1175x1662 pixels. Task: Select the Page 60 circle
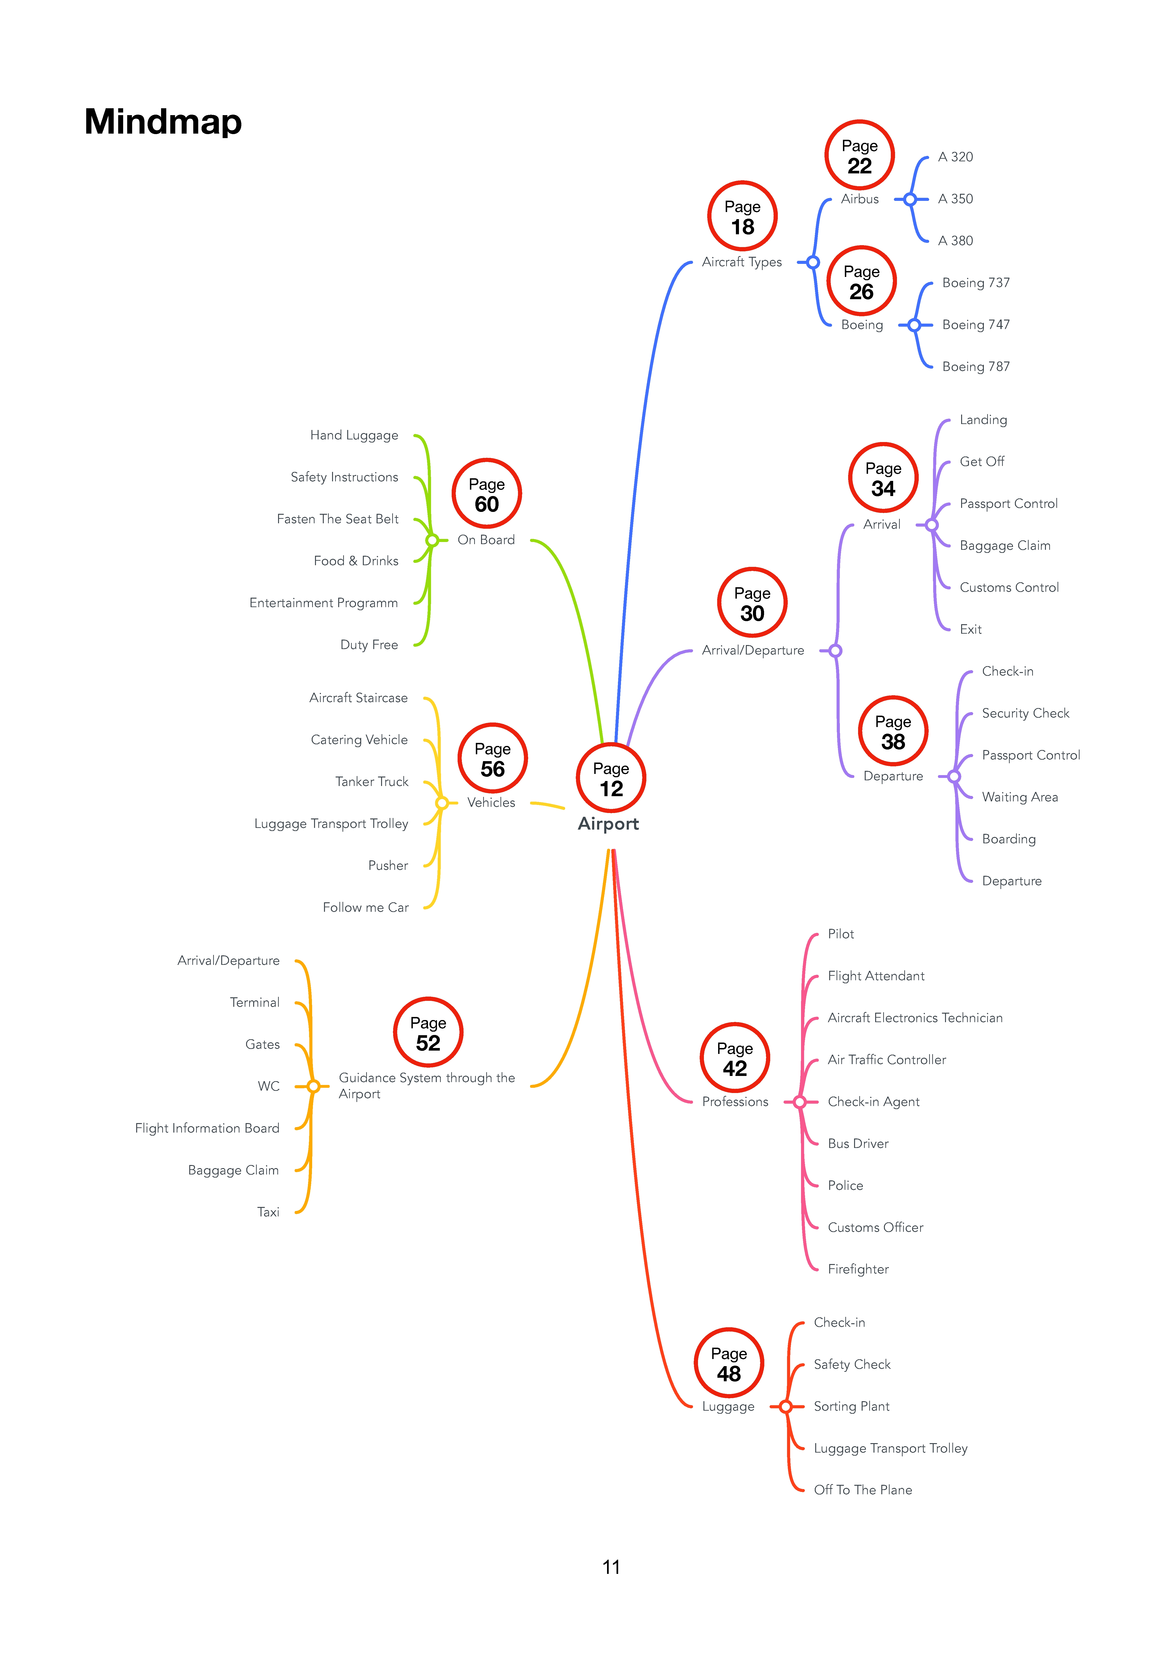[486, 494]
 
